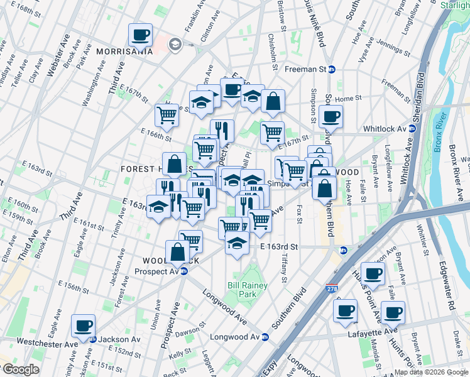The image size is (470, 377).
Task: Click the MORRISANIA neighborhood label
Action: tap(124, 52)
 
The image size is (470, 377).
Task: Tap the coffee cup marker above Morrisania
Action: tap(141, 35)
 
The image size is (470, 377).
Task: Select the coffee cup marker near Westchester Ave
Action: tap(83, 326)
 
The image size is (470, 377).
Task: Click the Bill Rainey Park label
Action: tap(247, 290)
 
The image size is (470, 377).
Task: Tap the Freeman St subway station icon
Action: tap(332, 69)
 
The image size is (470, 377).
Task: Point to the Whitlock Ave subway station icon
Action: tap(412, 128)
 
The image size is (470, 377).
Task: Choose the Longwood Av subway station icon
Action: tap(265, 337)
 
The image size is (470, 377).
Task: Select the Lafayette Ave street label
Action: tap(373, 331)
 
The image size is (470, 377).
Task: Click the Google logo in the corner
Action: tap(20, 370)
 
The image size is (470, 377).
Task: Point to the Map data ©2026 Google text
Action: tap(431, 372)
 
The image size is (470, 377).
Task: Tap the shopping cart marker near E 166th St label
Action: tap(167, 115)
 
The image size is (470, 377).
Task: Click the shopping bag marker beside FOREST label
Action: tap(175, 164)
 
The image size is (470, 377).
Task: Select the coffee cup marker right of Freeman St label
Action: tap(331, 116)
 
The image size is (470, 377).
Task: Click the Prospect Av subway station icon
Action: tap(183, 271)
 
